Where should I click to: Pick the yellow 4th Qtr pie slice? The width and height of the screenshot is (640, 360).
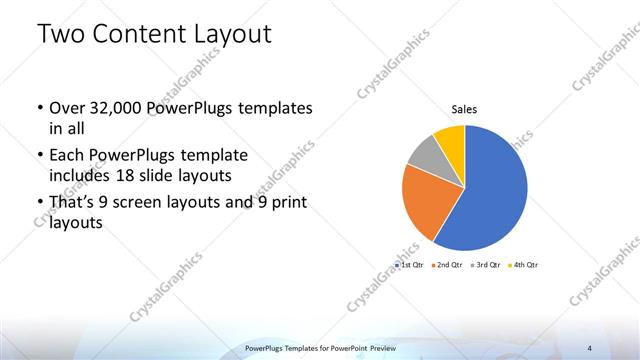click(451, 137)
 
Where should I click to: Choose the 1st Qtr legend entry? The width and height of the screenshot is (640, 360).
click(409, 265)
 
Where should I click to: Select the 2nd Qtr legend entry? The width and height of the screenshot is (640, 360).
click(447, 265)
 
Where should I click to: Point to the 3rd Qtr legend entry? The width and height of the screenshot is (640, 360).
click(486, 265)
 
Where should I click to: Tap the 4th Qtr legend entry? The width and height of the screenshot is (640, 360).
click(525, 265)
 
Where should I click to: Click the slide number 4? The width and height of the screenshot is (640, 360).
click(617, 347)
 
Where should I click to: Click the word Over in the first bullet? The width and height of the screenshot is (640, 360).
click(67, 107)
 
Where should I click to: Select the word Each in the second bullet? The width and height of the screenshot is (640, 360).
click(67, 155)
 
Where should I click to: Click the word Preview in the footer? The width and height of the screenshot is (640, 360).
click(378, 347)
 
